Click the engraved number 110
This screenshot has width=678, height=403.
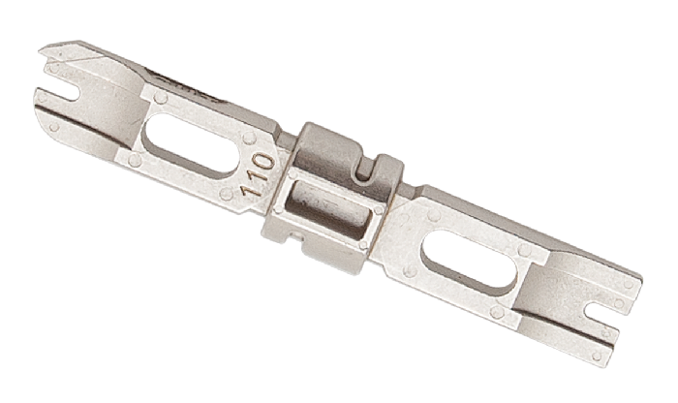259,175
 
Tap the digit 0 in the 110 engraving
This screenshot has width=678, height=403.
265,163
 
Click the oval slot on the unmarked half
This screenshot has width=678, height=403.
470,260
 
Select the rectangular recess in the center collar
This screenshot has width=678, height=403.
328,209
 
